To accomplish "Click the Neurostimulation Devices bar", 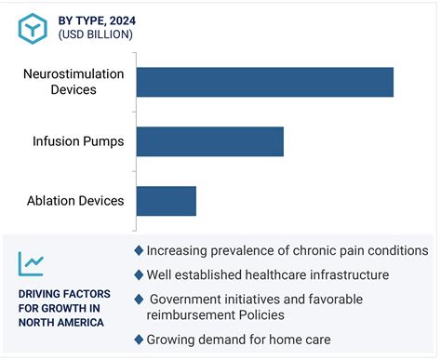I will (x=264, y=82).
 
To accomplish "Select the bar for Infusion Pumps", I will (x=209, y=141).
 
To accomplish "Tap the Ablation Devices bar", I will (x=166, y=201).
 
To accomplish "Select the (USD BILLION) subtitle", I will (x=92, y=34).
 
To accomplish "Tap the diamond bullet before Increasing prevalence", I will (x=139, y=250).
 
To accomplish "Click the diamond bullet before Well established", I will (x=139, y=274).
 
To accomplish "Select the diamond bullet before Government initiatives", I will (x=139, y=299).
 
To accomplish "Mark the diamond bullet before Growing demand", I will (x=139, y=340).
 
